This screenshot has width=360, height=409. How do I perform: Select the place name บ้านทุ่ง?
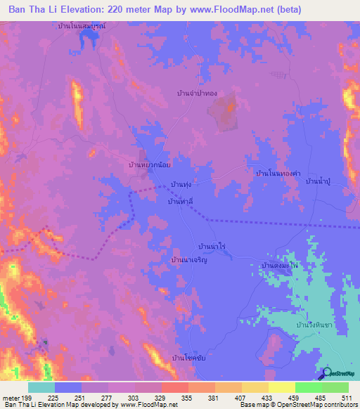click(181, 184)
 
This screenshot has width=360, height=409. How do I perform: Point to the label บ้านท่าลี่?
click(180, 201)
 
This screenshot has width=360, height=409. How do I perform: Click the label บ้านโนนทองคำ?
click(278, 172)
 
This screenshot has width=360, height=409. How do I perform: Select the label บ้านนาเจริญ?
click(189, 259)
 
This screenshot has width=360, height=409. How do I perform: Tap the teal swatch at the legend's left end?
click(41, 387)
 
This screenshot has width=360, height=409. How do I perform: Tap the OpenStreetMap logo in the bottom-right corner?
click(340, 373)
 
